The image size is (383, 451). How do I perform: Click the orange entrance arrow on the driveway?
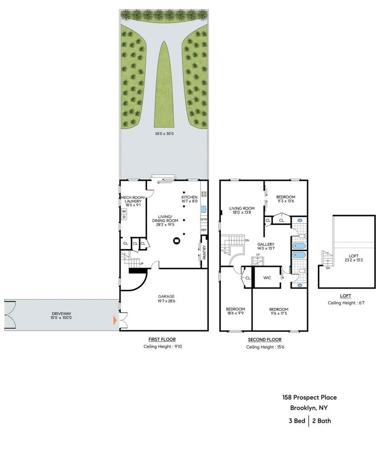point(115,320)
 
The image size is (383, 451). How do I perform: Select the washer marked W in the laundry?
point(124,212)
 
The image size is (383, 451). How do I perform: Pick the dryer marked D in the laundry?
point(124,217)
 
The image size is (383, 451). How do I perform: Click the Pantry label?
point(205,252)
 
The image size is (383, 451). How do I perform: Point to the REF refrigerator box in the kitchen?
point(204,230)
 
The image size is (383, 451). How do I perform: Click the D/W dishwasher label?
point(204,220)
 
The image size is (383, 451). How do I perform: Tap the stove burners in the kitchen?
point(204,193)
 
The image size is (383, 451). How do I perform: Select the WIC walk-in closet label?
point(267,278)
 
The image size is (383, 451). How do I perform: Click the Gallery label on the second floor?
point(266,244)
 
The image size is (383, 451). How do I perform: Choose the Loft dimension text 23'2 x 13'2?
point(354,260)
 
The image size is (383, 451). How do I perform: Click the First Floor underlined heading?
point(162,340)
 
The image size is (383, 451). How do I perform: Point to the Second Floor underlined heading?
point(265,340)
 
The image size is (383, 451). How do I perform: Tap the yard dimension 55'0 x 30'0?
point(164,133)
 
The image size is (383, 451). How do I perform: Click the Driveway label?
point(61,313)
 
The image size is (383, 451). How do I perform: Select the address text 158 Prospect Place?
point(309,397)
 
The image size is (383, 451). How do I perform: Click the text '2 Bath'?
point(322,421)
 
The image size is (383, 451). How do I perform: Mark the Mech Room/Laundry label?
point(133,199)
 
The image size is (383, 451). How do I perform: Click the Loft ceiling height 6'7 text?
point(346,303)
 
